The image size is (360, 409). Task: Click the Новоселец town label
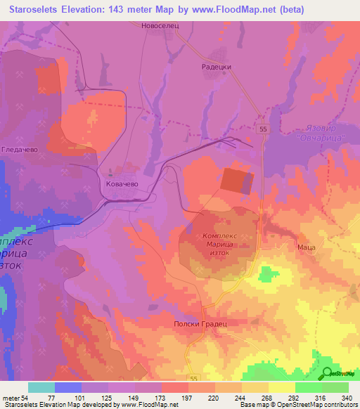tap(152, 25)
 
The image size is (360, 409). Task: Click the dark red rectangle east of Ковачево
tap(238, 181)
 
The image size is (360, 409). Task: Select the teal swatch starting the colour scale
tap(41, 387)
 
